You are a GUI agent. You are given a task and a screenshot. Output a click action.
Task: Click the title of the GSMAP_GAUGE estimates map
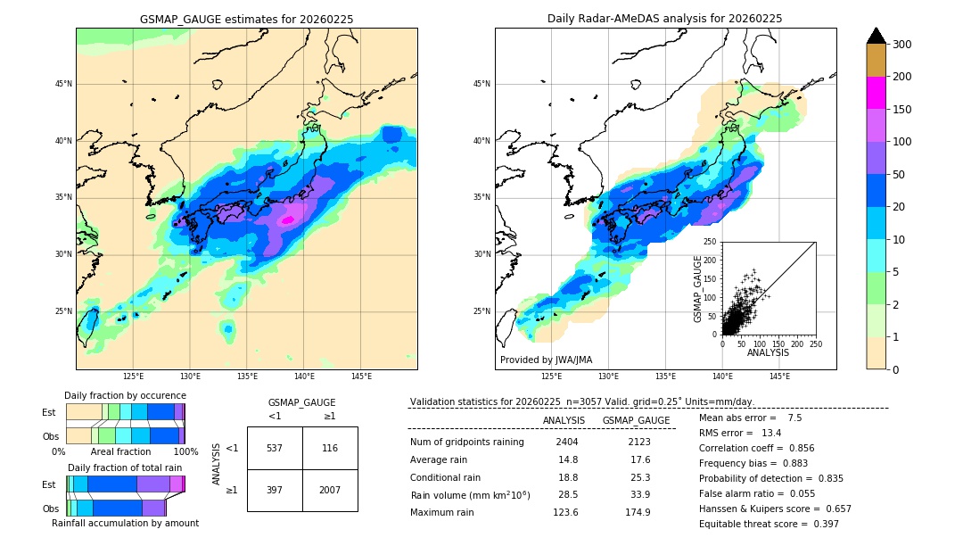point(246,19)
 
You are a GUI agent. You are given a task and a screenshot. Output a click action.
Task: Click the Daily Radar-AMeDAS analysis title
point(665,19)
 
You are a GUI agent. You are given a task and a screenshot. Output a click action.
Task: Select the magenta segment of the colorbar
point(877,93)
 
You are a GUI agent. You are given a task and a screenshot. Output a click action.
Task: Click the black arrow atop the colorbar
point(877,36)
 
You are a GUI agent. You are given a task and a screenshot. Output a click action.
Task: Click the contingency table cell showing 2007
point(330,491)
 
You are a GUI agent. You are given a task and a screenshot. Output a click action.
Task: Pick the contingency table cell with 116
point(330,448)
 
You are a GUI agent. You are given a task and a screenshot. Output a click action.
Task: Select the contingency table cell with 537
point(275,448)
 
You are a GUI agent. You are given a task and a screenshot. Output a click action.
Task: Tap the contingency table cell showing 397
point(275,491)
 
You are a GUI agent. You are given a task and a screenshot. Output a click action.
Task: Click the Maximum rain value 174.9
point(638,512)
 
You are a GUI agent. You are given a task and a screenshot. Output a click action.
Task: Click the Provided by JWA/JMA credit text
point(546,360)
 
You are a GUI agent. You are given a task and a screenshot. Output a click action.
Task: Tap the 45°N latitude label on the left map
point(62,84)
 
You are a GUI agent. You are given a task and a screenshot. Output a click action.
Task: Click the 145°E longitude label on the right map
point(779,377)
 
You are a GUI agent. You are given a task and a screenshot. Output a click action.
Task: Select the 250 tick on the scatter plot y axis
point(711,242)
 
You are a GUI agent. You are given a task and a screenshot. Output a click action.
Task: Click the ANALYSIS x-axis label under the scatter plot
point(768,353)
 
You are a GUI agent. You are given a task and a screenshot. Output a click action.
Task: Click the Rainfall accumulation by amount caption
point(125,523)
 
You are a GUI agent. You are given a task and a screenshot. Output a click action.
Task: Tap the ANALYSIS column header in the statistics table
point(564,420)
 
